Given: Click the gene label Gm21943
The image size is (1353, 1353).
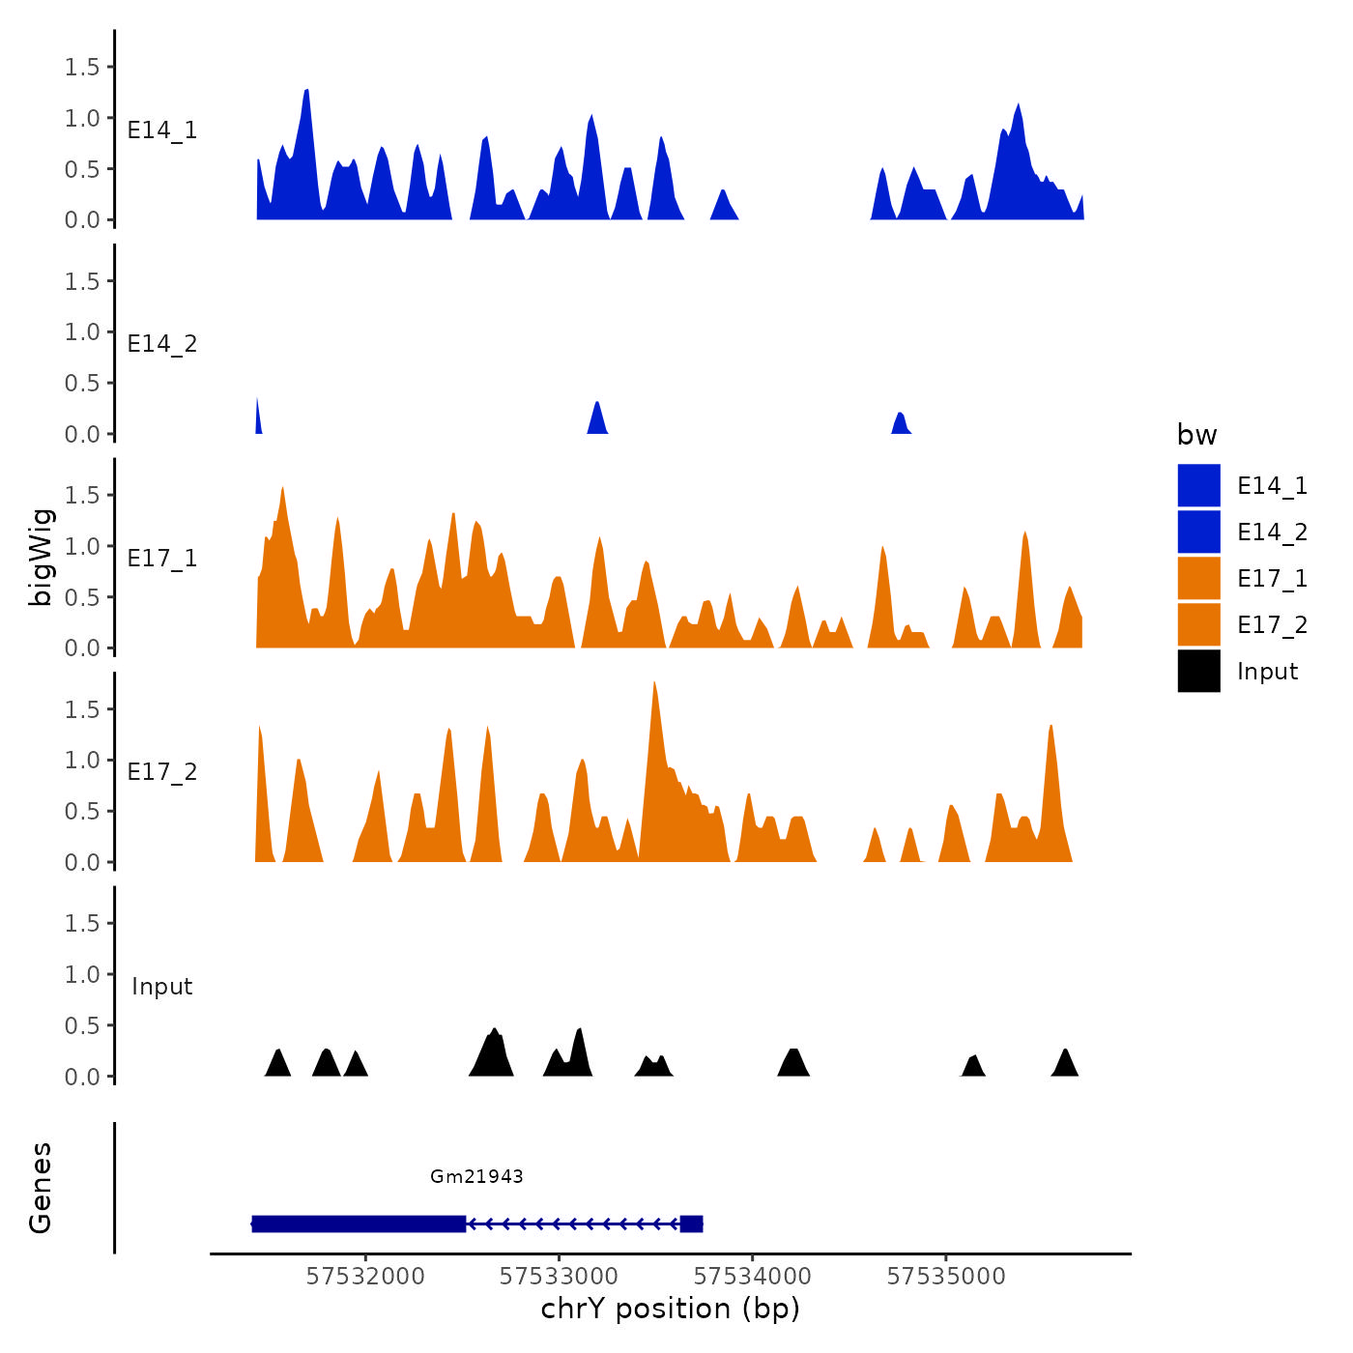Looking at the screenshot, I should point(476,1176).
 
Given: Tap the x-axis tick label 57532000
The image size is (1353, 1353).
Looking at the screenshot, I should point(365,1277).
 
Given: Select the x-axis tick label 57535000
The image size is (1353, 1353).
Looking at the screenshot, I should point(946,1277).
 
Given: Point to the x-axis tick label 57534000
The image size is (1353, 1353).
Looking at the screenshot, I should point(753,1277).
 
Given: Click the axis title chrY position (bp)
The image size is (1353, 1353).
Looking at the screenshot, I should point(670,1309).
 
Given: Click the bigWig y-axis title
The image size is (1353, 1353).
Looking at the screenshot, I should point(41,557).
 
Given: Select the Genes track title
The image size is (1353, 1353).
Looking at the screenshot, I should point(41,1188).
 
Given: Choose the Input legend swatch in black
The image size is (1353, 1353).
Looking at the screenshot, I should point(1198,671).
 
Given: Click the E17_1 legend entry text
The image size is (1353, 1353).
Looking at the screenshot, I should point(1272,579).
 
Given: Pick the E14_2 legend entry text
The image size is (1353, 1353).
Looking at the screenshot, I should point(1272,533).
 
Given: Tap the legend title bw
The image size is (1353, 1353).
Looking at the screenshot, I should point(1196,435).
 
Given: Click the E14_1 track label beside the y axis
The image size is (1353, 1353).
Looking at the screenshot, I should point(162,130).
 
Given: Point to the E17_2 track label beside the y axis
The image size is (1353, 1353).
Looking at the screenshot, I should point(162,772).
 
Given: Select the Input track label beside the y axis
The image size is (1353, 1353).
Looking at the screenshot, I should point(162,987).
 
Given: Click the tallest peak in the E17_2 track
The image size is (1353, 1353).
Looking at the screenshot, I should point(655,688).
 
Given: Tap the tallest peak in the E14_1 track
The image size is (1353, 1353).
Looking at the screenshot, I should point(306,94).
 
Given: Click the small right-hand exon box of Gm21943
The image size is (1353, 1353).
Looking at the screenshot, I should point(691,1224).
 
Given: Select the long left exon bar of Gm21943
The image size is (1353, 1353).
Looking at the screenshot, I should point(359,1224).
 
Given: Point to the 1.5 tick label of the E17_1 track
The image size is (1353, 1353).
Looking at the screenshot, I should point(82,496).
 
